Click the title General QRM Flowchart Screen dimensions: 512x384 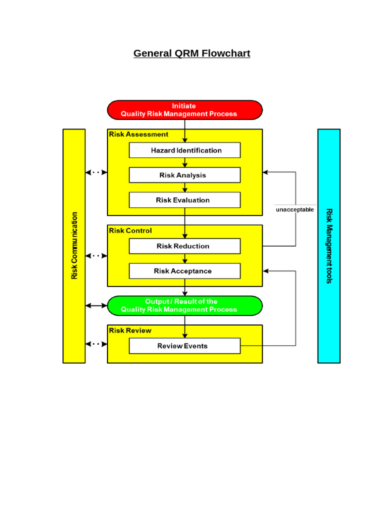click(191, 53)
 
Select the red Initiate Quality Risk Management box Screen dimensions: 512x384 click(184, 110)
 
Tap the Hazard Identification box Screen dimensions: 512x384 click(184, 150)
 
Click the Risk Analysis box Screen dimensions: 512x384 click(184, 175)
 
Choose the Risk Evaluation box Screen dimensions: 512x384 click(184, 200)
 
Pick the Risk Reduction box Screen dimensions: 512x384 click(184, 246)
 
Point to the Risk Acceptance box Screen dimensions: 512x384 click(184, 271)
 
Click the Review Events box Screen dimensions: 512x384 click(184, 346)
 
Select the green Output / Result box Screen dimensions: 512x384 click(184, 305)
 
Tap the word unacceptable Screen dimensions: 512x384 click(295, 210)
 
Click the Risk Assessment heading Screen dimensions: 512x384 click(138, 134)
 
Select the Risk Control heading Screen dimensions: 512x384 click(130, 231)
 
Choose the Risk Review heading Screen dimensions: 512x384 click(130, 330)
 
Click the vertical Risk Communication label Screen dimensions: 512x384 click(74, 245)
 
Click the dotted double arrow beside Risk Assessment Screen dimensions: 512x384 click(96, 172)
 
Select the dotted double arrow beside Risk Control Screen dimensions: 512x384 click(96, 256)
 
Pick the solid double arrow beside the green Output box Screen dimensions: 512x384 click(96, 305)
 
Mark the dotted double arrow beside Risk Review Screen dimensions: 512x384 click(96, 344)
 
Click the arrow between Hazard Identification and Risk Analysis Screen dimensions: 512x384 click(185, 163)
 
